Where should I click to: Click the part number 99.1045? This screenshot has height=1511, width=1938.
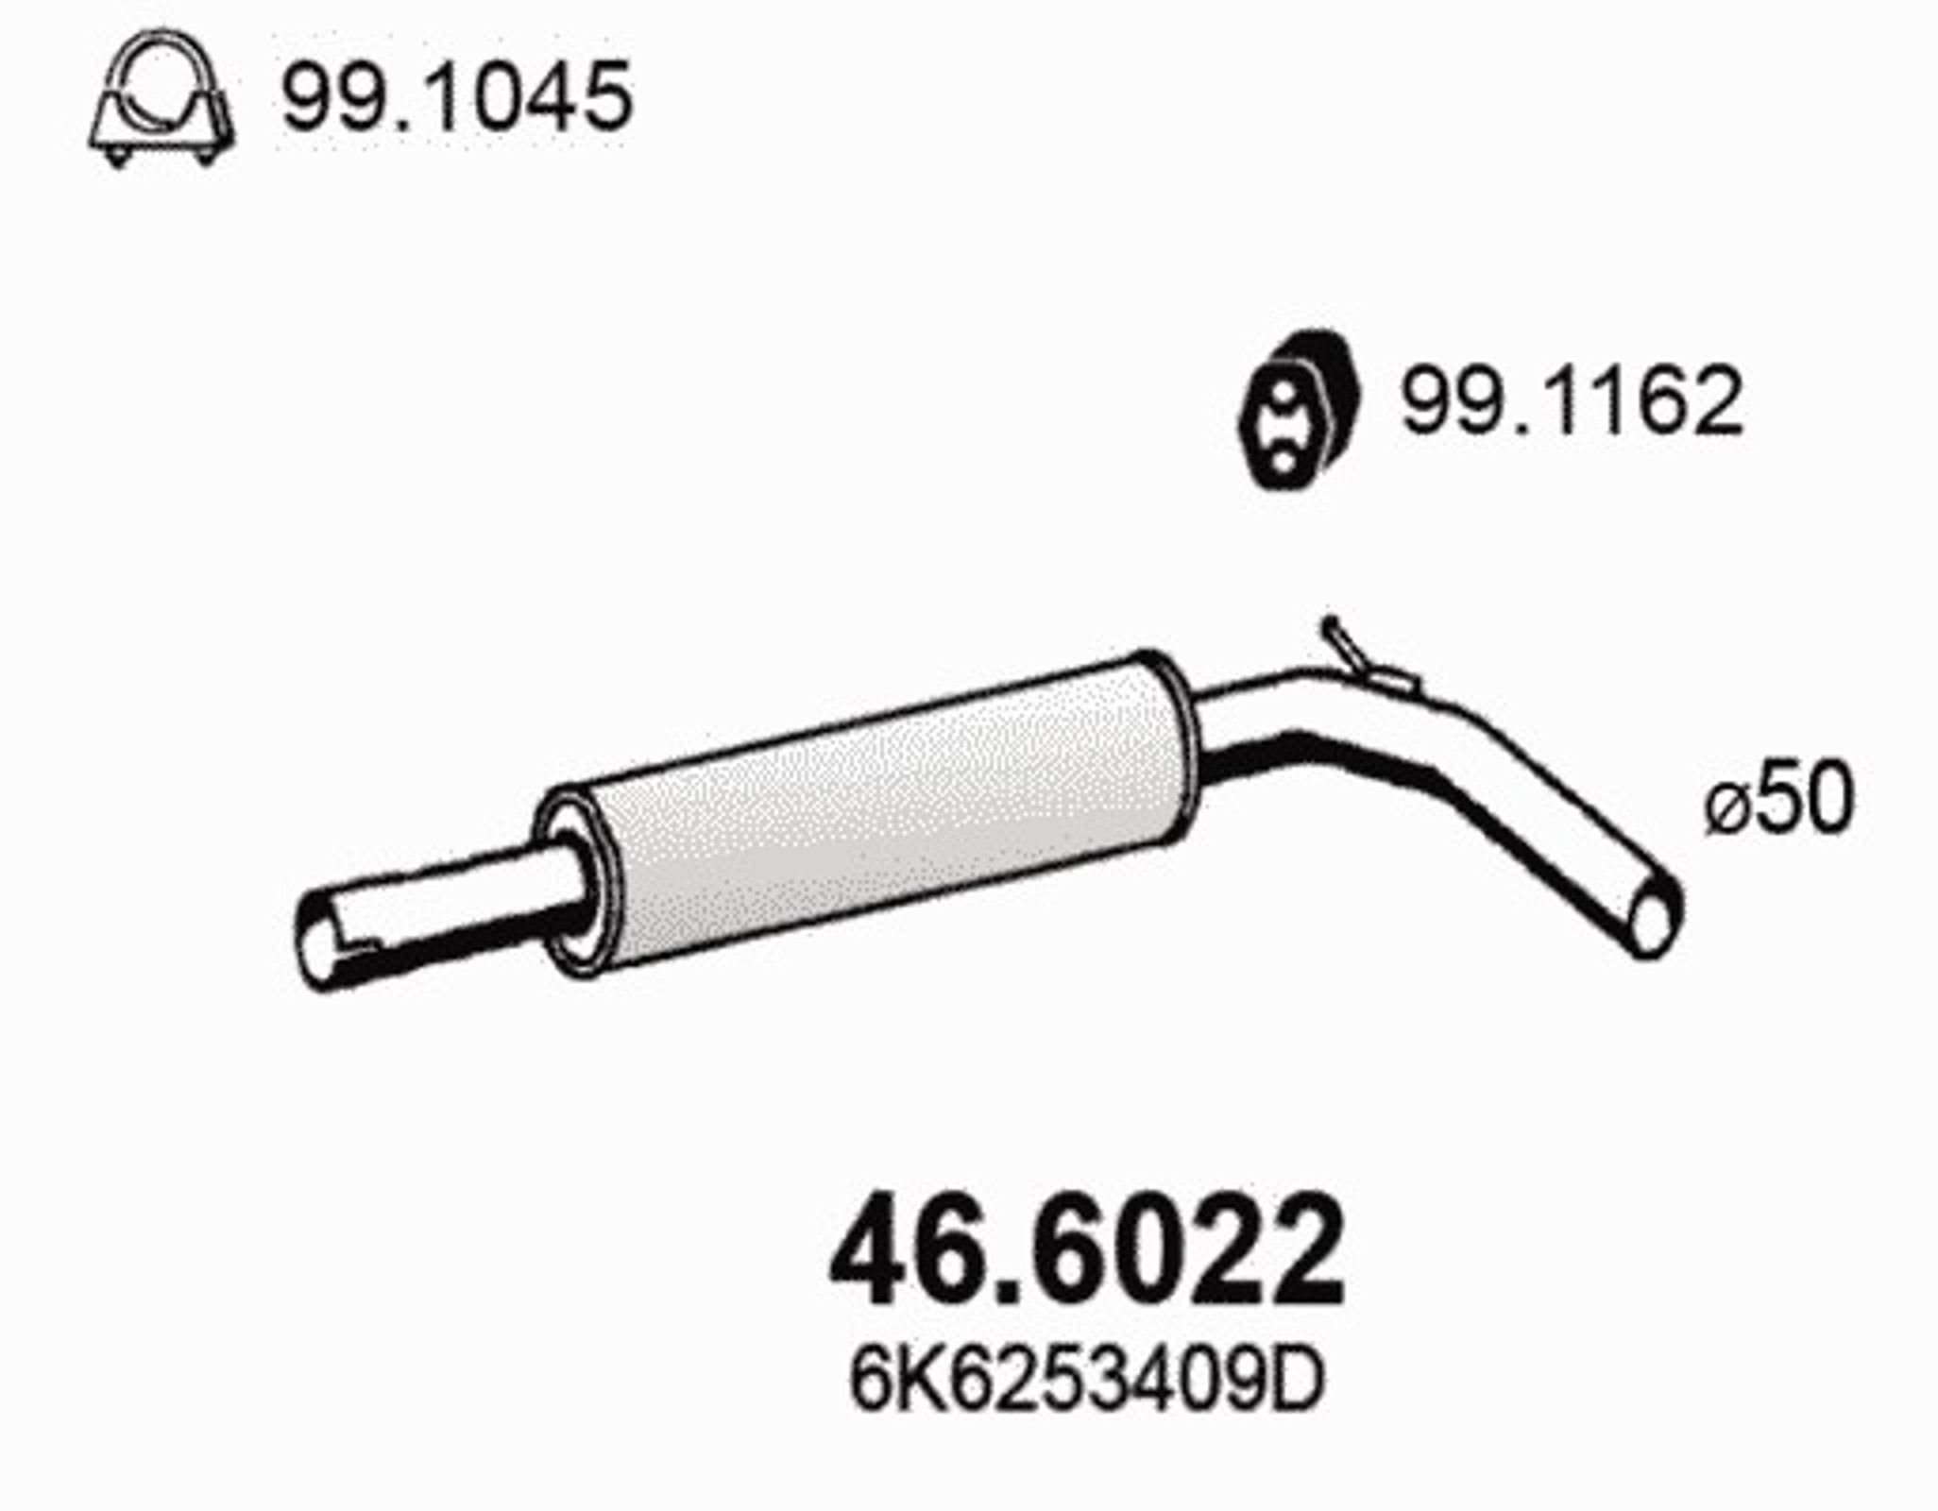coord(456,96)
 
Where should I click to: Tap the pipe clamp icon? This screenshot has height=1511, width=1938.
coord(161,97)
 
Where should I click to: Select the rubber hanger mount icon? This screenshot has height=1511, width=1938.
coord(1300,411)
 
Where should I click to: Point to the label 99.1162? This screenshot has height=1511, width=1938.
coord(1571,401)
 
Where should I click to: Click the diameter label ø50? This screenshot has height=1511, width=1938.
coord(1779,799)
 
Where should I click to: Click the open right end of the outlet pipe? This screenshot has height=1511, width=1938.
coord(1655,914)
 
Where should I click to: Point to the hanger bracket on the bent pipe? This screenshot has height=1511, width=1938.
coord(1363,656)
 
